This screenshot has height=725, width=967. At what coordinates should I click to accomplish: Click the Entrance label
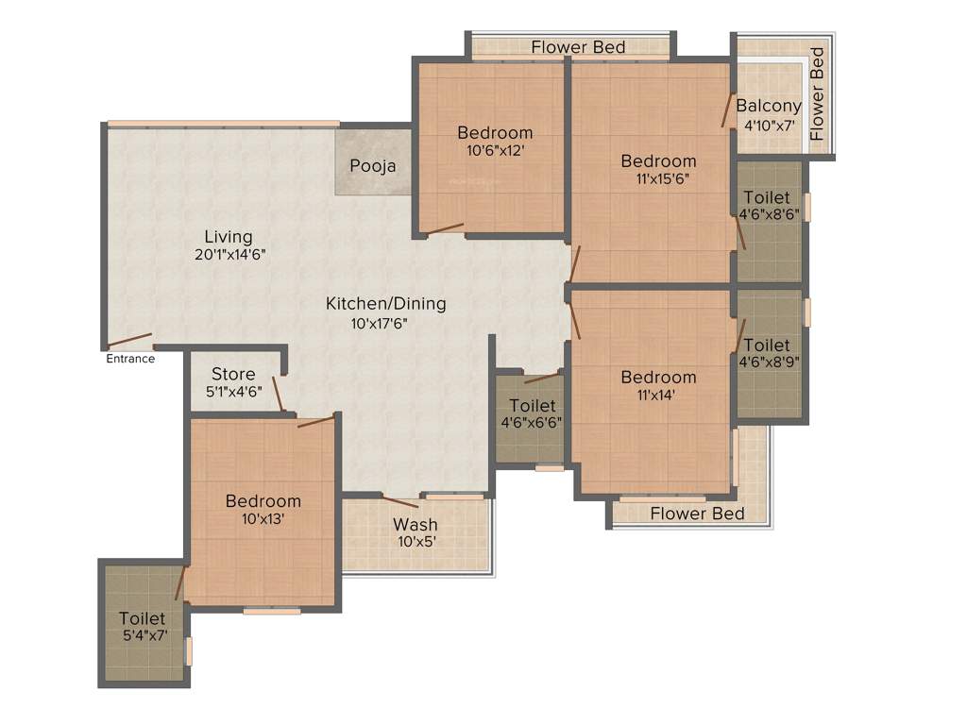130,359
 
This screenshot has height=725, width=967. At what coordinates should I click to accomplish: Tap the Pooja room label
373,166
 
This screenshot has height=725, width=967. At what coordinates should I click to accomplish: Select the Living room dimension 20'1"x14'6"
228,254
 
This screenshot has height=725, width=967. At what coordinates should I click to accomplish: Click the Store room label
233,374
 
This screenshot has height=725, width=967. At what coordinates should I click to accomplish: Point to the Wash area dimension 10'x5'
416,542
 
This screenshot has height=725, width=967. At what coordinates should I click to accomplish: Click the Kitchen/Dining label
385,304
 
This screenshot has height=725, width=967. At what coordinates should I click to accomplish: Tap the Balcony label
769,106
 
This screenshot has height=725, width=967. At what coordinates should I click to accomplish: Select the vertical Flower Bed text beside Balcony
818,94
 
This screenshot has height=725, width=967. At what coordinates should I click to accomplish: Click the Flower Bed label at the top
578,47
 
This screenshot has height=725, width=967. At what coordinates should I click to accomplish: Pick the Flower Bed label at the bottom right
698,514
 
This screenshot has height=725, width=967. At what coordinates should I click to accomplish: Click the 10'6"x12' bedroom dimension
495,149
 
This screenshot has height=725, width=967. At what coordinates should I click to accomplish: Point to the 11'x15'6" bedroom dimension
658,178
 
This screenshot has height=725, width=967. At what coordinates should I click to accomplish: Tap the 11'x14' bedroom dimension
658,395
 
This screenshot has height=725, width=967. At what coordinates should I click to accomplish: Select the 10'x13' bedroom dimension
263,518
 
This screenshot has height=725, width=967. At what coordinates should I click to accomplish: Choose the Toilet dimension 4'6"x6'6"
531,423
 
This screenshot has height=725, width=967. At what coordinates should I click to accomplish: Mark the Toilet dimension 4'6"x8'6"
771,214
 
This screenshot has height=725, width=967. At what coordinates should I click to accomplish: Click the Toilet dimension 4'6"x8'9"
771,361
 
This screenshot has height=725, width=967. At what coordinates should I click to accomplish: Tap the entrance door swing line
129,340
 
